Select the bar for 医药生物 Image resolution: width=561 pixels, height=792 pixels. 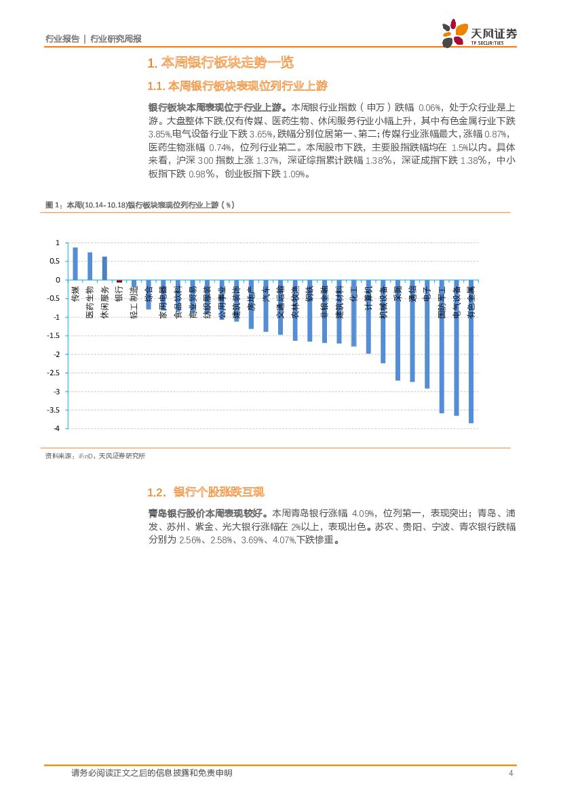pos(90,266)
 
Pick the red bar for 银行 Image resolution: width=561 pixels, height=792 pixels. pos(119,281)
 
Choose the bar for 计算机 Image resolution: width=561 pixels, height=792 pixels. pos(368,316)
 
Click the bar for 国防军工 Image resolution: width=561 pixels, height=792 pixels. pos(442,346)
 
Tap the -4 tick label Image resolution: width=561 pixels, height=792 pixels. pos(56,429)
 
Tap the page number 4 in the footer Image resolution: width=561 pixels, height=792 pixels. pos(510,773)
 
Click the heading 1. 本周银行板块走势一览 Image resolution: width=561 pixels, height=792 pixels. pos(220,63)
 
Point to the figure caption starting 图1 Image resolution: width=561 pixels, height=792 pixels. pos(139,205)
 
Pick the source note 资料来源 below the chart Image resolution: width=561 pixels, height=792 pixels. pos(95,456)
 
